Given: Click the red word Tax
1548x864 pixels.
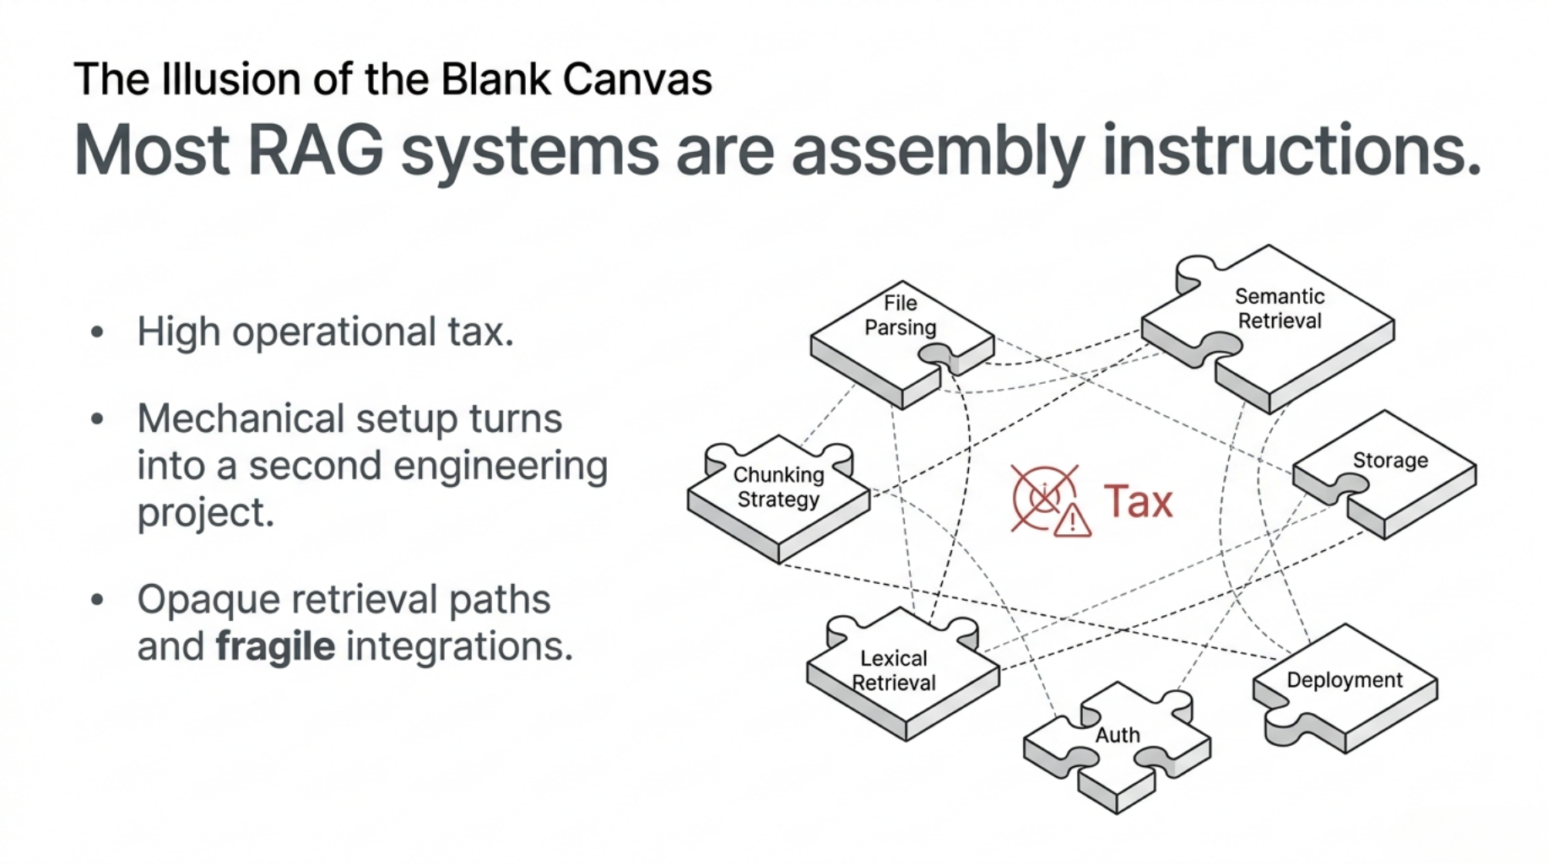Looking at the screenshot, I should pyautogui.click(x=1138, y=502).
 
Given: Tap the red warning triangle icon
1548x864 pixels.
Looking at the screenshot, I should pyautogui.click(x=1072, y=520).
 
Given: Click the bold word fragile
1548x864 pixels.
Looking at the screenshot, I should pyautogui.click(x=275, y=647).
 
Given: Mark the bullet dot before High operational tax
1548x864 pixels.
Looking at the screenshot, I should pyautogui.click(x=97, y=332).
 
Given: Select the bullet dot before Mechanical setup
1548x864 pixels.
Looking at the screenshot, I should pyautogui.click(x=97, y=419).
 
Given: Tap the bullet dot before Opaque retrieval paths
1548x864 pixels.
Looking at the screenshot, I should pyautogui.click(x=97, y=600).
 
